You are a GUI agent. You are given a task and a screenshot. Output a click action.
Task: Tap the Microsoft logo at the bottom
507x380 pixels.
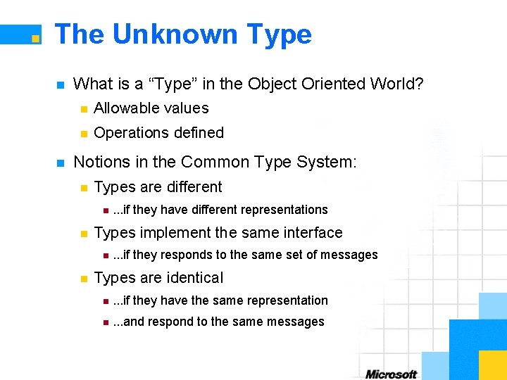point(391,374)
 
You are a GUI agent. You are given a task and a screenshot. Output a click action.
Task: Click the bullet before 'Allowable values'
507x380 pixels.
point(83,109)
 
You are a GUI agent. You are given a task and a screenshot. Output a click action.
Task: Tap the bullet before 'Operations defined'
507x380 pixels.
point(83,134)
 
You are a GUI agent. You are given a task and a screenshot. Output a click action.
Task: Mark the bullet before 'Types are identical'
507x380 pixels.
point(83,279)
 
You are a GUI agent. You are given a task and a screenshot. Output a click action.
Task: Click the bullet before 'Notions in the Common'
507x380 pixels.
point(60,163)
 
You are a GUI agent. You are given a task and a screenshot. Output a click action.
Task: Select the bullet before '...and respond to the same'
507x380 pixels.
point(104,322)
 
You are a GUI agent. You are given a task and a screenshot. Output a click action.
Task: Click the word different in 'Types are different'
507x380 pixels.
point(190,187)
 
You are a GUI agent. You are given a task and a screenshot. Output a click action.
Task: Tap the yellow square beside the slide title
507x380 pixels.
point(35,38)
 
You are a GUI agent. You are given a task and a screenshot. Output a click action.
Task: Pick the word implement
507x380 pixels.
point(169,233)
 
